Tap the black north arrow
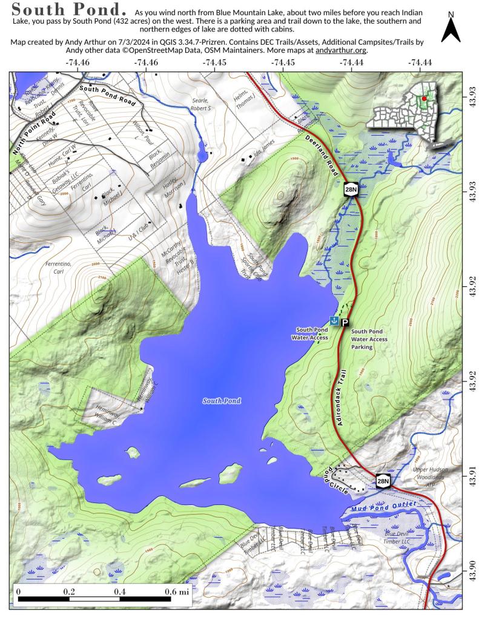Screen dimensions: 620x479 click(451, 28)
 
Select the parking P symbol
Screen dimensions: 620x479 click(345, 323)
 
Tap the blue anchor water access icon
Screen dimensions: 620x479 click(333, 320)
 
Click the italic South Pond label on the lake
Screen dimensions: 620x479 click(222, 401)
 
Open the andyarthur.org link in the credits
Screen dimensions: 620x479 click(341, 51)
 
